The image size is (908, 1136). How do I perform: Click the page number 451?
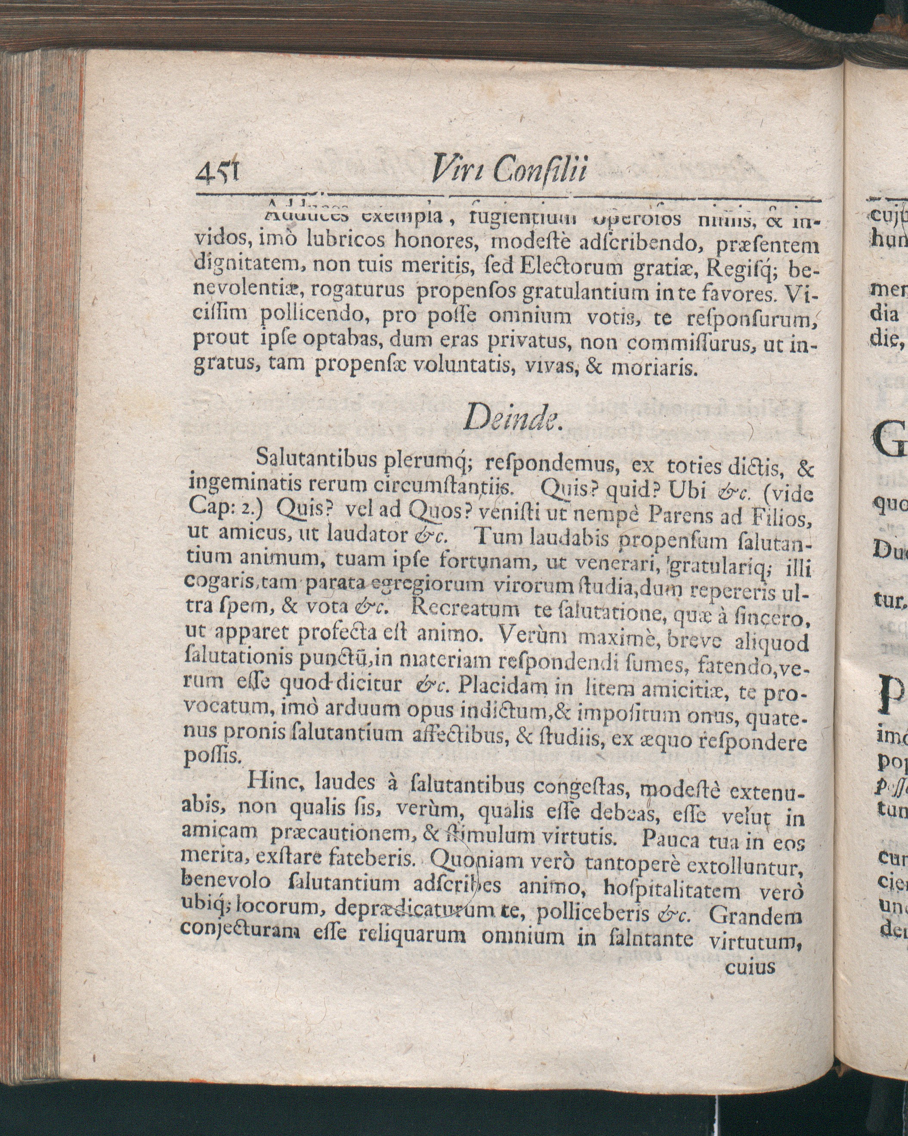217,172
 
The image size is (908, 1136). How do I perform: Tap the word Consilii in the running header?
540,171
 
